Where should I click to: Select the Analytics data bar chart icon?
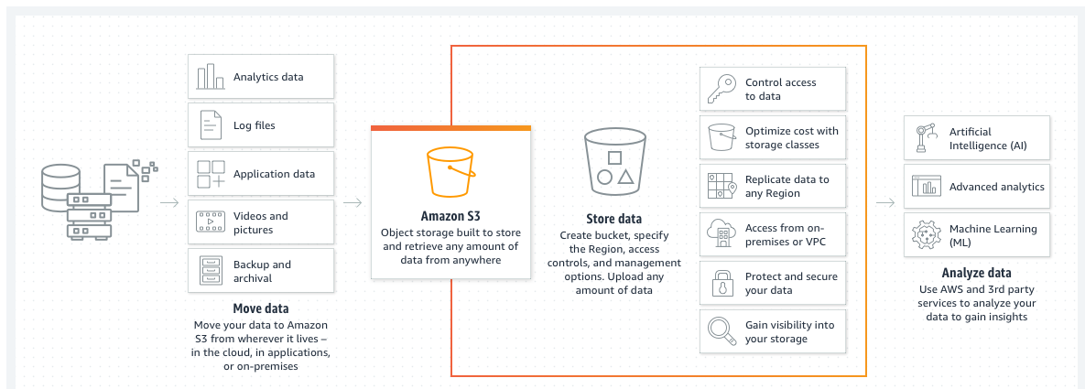pyautogui.click(x=211, y=77)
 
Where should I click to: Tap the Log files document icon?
pyautogui.click(x=211, y=125)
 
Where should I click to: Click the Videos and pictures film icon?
pyautogui.click(x=211, y=222)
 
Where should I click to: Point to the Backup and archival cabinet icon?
pyautogui.click(x=211, y=271)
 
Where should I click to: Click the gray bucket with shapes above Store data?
pyautogui.click(x=613, y=162)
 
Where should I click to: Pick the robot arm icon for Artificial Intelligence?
pyautogui.click(x=924, y=138)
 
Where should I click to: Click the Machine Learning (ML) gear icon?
pyautogui.click(x=924, y=236)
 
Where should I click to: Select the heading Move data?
pyautogui.click(x=260, y=308)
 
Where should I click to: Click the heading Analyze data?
pyautogui.click(x=976, y=273)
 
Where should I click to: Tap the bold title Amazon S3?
pyautogui.click(x=450, y=217)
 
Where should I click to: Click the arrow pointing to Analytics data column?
pyautogui.click(x=169, y=202)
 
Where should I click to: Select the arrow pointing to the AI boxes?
pyautogui.click(x=884, y=202)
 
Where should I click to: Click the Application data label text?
pyautogui.click(x=274, y=174)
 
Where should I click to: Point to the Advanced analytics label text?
pyautogui.click(x=996, y=187)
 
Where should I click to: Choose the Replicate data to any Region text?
pyautogui.click(x=787, y=186)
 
